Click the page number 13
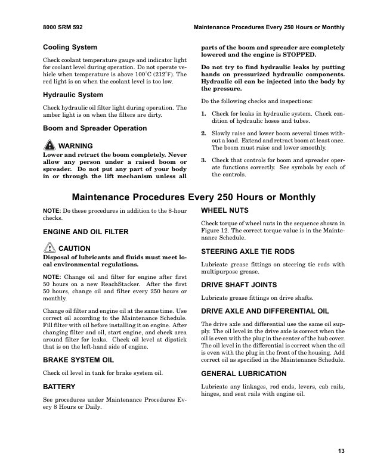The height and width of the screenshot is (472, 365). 341,451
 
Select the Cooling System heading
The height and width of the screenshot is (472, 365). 70,47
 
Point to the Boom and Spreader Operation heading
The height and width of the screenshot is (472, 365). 95,128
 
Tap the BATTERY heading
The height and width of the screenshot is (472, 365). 59,387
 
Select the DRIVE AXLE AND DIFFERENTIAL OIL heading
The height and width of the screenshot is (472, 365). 265,311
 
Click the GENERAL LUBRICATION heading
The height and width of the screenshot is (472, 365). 244,373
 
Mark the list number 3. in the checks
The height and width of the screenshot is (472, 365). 204,160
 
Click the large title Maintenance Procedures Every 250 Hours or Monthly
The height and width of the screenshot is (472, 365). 194,197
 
